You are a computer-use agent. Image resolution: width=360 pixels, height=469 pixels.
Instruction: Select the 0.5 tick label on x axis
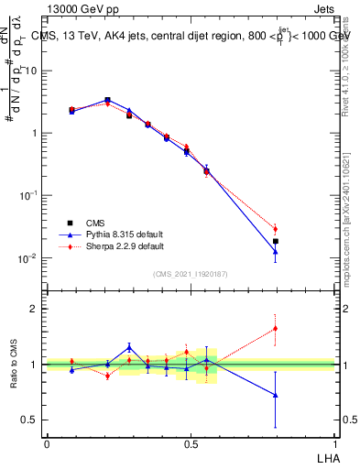pos(191,443)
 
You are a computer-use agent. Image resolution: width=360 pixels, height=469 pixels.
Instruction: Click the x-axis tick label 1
pos(334,443)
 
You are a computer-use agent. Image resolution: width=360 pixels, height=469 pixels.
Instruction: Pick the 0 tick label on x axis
pos(47,443)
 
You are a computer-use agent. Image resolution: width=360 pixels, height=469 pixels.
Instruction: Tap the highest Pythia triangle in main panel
pos(107,100)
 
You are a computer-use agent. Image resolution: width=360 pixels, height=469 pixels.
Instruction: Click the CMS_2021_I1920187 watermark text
pos(190,273)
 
